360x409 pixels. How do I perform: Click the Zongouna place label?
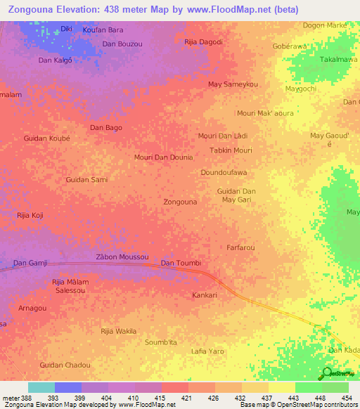180,202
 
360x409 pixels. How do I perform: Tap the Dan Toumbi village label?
181,264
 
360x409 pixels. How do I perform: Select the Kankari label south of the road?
205,295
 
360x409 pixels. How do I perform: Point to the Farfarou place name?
240,248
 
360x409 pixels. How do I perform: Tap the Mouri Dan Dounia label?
163,157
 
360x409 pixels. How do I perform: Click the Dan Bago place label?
106,128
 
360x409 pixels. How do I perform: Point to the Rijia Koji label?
30,215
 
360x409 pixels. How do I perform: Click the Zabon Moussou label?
122,258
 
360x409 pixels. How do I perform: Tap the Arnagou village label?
32,308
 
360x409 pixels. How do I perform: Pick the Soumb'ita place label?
161,342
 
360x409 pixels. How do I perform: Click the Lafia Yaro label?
207,351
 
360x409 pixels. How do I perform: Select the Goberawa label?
290,46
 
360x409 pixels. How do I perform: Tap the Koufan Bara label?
103,30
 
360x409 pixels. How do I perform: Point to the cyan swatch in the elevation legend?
41,387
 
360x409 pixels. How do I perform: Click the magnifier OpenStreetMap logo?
327,373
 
